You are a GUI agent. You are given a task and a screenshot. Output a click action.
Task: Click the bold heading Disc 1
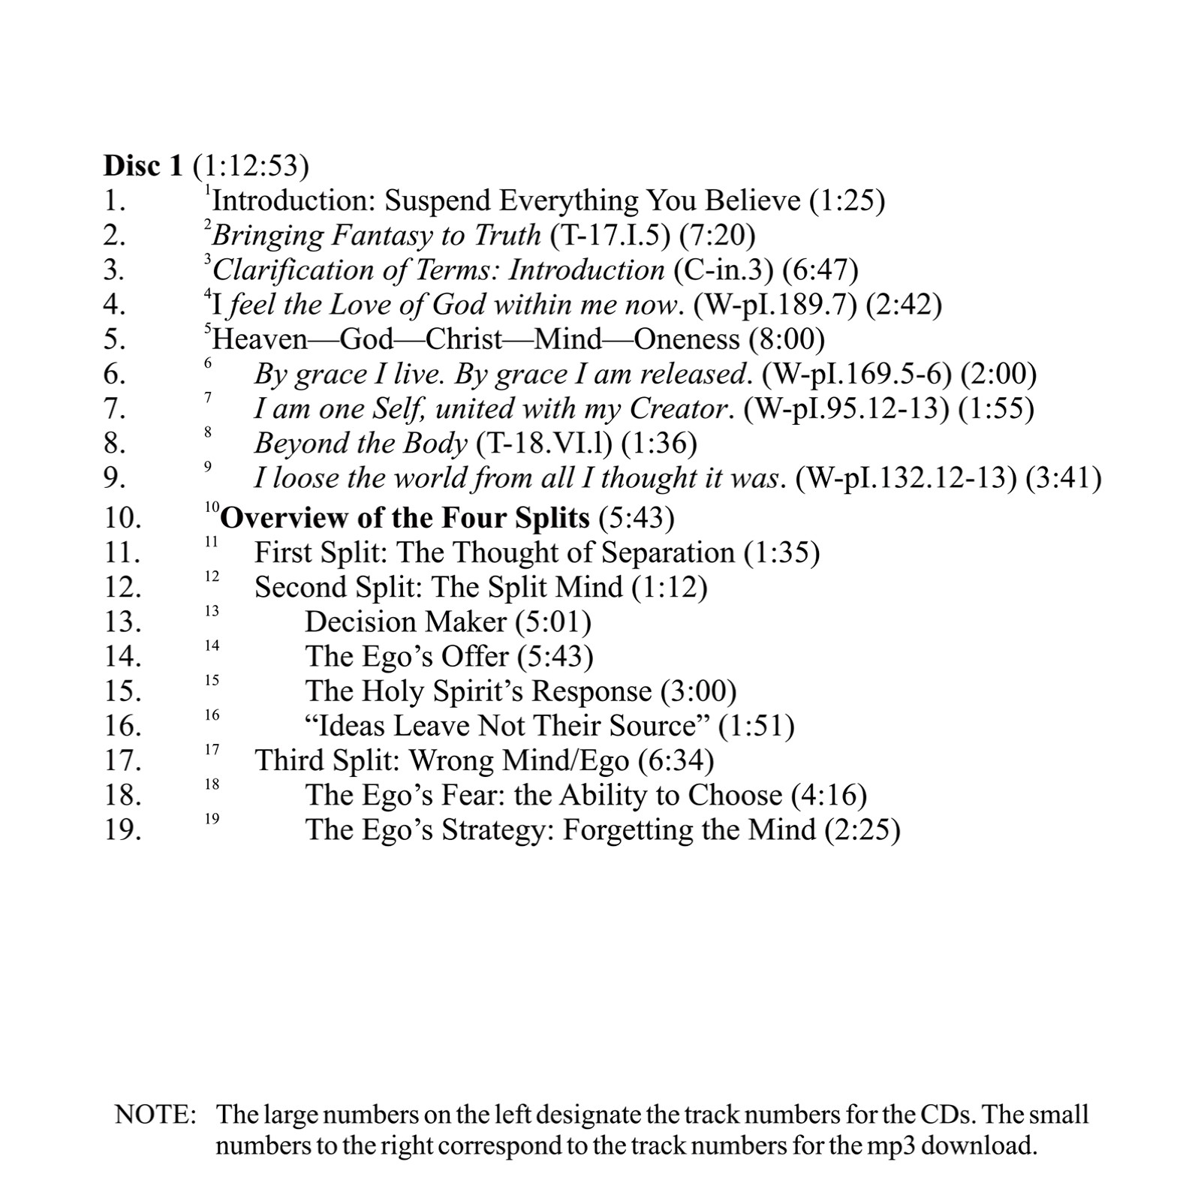(143, 166)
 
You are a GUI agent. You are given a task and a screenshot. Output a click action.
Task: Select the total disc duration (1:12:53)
(251, 166)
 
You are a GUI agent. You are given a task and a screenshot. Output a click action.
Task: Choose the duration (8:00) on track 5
(787, 339)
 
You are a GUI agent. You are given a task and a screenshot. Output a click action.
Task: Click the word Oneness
(686, 339)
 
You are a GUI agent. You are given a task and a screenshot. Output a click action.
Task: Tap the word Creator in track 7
(679, 408)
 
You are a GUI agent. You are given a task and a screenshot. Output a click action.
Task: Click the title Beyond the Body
(360, 444)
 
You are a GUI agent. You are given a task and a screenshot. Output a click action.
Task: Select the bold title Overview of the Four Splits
(405, 518)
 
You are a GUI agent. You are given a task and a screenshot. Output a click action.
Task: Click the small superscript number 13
(212, 612)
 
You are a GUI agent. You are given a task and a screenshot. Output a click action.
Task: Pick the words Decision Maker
(406, 622)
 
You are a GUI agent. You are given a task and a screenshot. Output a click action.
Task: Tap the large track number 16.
(122, 726)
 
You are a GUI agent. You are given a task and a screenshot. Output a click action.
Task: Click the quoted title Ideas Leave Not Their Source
(507, 726)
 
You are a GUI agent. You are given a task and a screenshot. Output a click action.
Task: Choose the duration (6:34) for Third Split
(676, 760)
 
